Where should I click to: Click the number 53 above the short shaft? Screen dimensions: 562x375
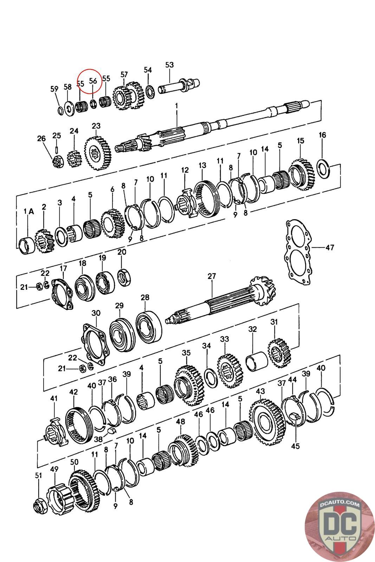169,65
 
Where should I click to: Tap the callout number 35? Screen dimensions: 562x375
186,352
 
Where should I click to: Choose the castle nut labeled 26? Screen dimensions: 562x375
58,162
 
